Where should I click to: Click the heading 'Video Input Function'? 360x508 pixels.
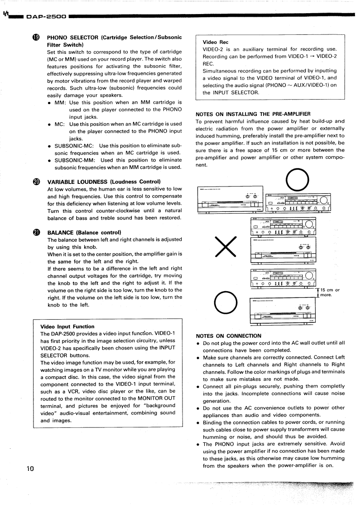(x=67, y=326)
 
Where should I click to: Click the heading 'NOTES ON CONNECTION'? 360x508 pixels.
(x=228, y=336)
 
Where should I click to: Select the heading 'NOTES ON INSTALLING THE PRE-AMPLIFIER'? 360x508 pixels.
(x=253, y=114)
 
